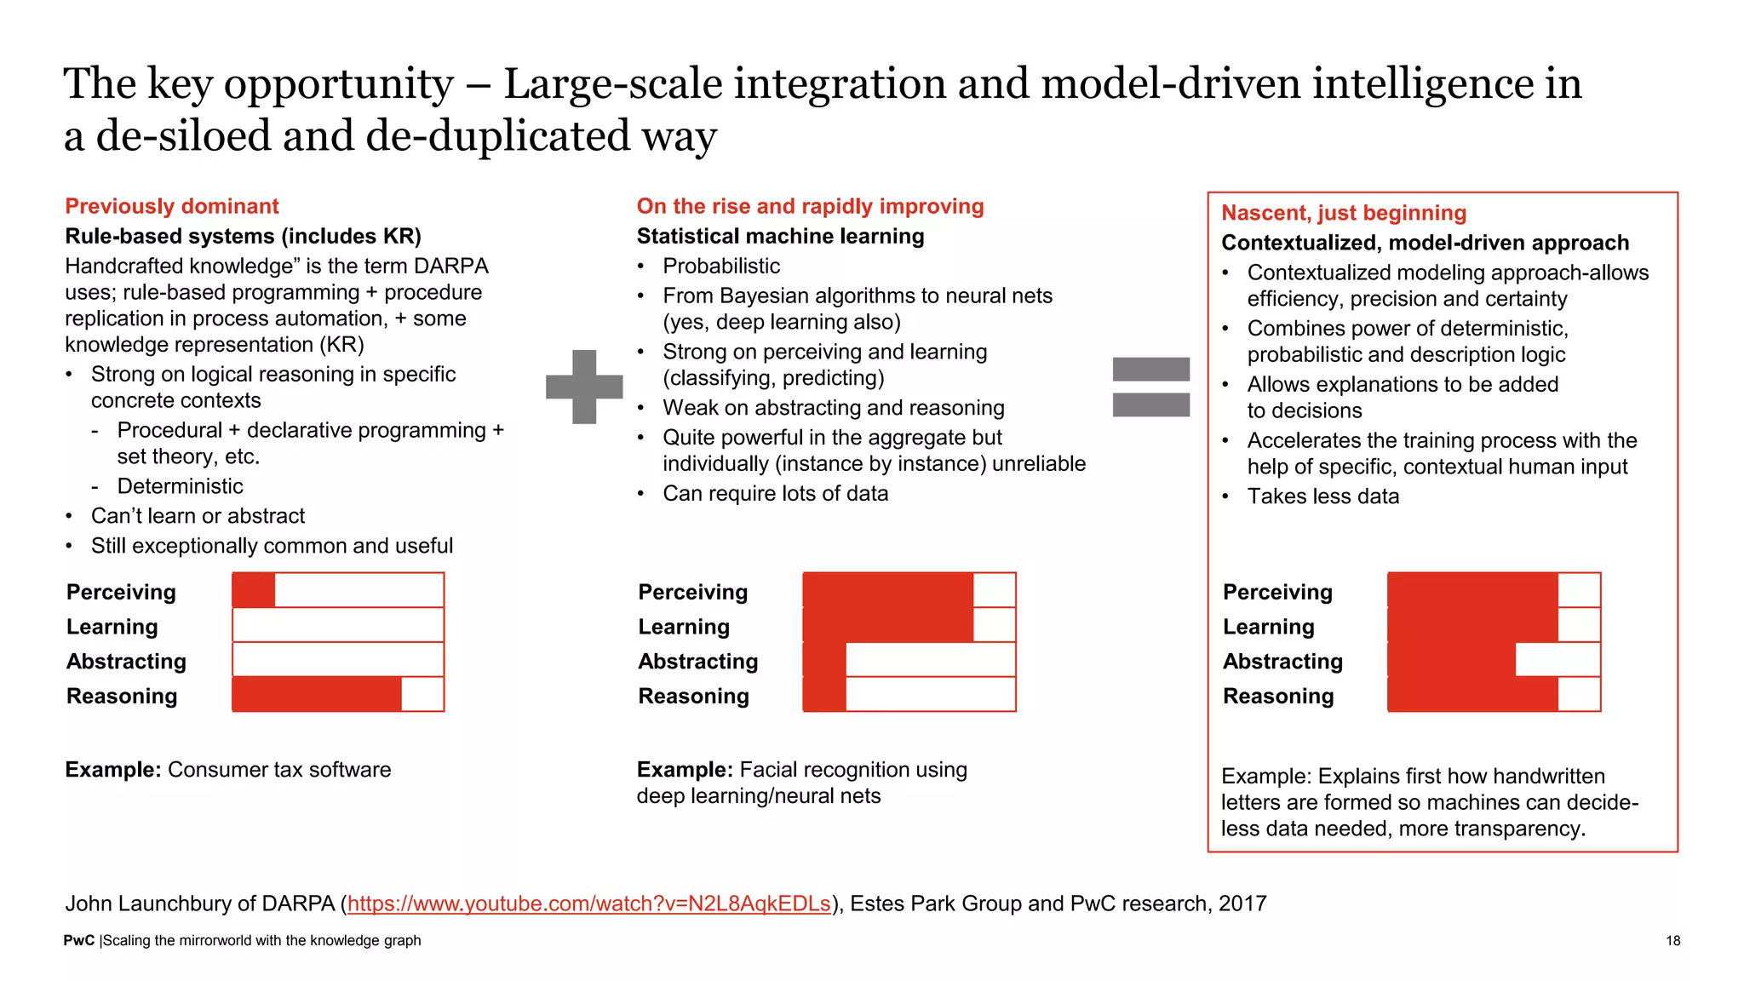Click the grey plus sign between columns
584,387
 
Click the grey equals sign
1150,387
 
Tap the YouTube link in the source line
588,904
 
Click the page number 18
1672,940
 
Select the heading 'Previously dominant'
172,206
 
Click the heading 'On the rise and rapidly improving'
810,206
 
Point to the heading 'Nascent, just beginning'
1344,213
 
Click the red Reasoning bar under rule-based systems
317,695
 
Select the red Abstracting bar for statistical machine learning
824,660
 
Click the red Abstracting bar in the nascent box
1451,660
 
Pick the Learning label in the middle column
684,627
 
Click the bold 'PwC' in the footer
78,940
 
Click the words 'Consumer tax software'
279,770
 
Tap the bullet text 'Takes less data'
1322,496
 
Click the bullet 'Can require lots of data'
775,494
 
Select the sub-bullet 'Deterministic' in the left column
180,486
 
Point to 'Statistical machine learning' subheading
780,236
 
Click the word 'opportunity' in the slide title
338,83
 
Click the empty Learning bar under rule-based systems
338,625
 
